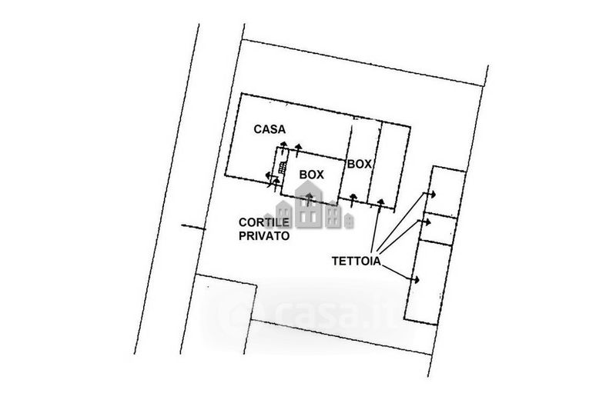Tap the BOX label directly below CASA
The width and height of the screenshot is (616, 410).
[311, 175]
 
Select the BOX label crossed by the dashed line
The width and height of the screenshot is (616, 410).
[360, 164]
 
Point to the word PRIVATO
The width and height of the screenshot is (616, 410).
[263, 238]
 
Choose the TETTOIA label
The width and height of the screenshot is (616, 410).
[357, 261]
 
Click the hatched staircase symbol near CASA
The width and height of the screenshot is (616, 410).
[282, 168]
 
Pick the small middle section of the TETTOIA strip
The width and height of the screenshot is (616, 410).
[439, 229]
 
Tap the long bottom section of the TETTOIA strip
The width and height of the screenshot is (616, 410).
[428, 281]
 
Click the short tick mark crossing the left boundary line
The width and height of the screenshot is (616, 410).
[192, 227]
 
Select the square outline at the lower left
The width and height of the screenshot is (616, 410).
[223, 315]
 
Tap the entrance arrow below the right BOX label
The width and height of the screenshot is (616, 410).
[353, 199]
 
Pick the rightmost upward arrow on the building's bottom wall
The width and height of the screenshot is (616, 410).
[380, 202]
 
